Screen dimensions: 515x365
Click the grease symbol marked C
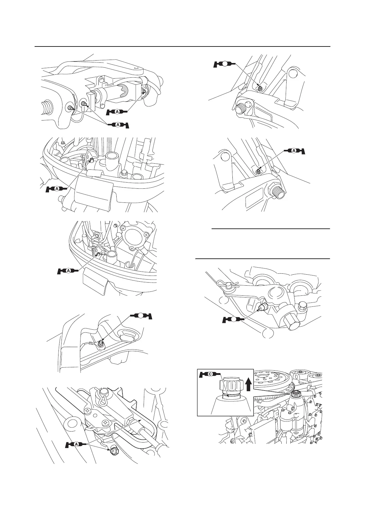(210, 374)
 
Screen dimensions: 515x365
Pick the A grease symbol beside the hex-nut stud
(295, 150)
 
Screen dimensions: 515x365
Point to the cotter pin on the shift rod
(227, 284)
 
